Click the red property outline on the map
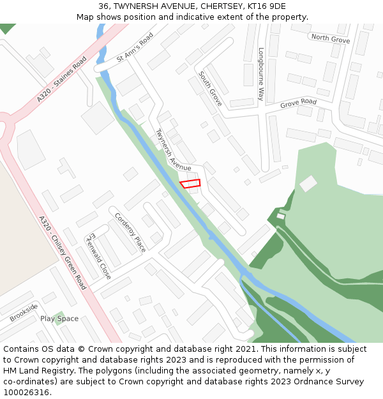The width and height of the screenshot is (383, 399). tap(190, 184)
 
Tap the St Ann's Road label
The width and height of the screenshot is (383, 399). tap(135, 49)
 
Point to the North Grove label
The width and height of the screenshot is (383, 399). tap(331, 39)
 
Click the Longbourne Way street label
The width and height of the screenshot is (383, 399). tap(260, 73)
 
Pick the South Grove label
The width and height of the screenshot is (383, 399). tap(210, 88)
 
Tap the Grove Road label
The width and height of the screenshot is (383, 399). tap(298, 102)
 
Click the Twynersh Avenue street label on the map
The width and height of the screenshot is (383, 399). tap(173, 149)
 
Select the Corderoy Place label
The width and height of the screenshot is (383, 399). tap(130, 232)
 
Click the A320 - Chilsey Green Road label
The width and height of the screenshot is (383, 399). tap(62, 252)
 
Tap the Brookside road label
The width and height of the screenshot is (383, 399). tap(24, 313)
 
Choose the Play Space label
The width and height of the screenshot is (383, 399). tap(59, 319)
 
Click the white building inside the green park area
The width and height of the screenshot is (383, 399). tap(308, 183)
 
